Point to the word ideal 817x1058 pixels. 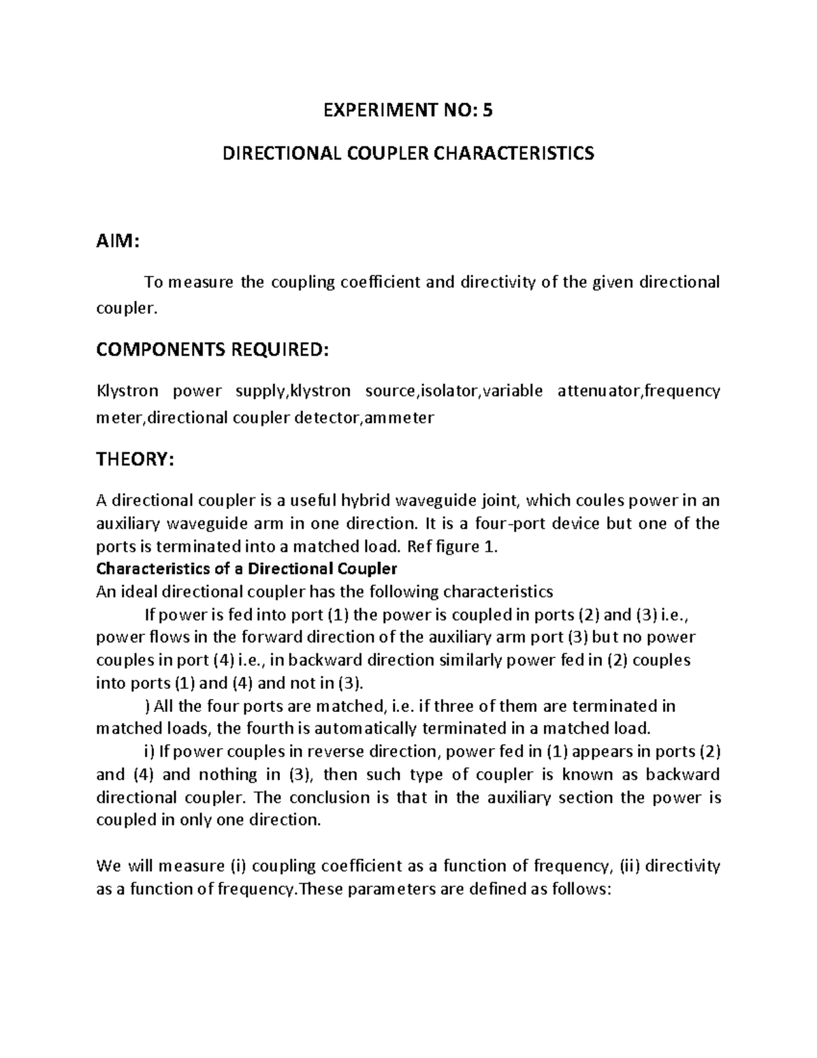[140, 591]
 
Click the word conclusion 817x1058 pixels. [327, 797]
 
